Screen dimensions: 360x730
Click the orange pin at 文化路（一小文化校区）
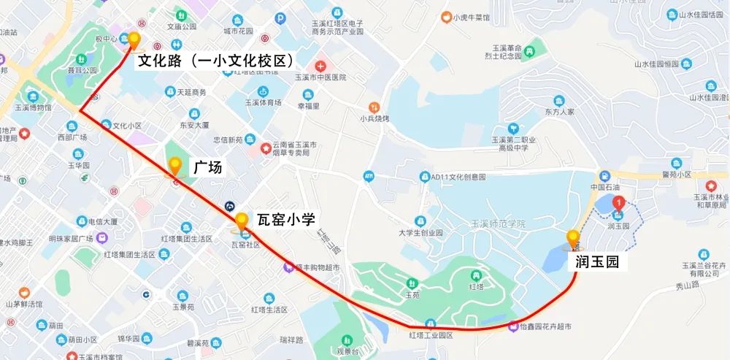coord(134,39)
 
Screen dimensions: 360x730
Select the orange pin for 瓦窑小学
coord(242,219)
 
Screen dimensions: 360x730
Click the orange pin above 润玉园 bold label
coord(573,237)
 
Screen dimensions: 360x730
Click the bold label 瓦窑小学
coord(285,218)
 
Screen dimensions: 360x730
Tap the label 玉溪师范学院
coord(499,223)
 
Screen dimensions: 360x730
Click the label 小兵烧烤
coord(374,118)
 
